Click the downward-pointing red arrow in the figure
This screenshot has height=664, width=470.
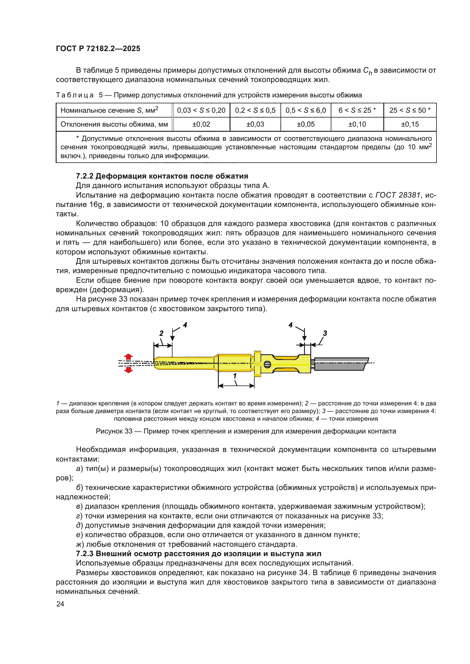point(128,370)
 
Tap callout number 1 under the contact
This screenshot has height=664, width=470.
point(235,376)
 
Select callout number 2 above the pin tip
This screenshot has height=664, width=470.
point(161,333)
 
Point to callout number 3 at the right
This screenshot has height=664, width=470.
point(325,333)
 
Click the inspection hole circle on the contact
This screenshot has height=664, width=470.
point(267,365)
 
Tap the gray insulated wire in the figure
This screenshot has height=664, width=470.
point(340,364)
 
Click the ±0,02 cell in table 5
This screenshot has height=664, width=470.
point(201,124)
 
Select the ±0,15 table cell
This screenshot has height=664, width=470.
point(410,124)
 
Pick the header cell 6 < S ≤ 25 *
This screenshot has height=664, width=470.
point(357,110)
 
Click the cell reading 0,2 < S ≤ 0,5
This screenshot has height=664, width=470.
point(255,110)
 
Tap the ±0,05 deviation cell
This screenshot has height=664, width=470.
point(306,124)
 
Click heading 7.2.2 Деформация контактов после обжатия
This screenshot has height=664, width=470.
point(162,176)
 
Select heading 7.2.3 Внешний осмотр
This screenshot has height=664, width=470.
point(198,554)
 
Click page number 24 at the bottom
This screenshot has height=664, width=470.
point(60,604)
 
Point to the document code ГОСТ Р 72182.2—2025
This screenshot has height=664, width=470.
point(98,48)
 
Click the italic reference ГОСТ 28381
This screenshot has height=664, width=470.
point(397,195)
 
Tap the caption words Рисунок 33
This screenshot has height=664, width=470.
point(114,431)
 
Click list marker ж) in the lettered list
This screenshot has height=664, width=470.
point(80,544)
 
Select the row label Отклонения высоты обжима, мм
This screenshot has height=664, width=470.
point(114,124)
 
